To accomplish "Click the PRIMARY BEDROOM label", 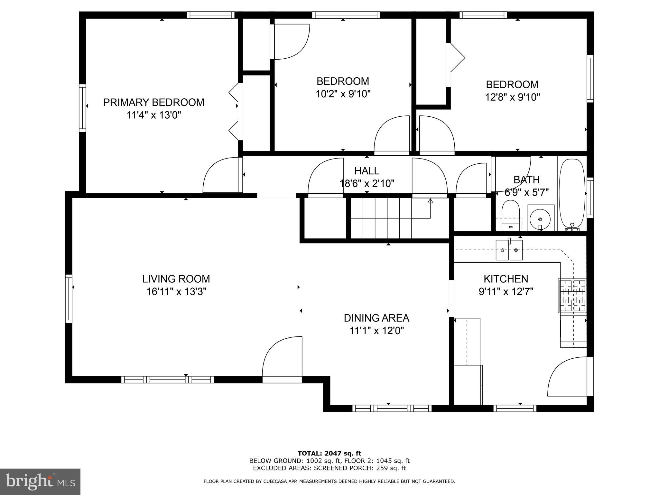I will point(153,102).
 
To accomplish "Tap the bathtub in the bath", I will point(572,193).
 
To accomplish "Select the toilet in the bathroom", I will point(511,214).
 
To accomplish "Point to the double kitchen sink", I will point(509,250).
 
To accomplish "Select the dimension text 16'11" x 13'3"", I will point(176,292).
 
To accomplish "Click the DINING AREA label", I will point(376,318).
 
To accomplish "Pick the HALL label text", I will point(367,170).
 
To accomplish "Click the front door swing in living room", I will point(283,358).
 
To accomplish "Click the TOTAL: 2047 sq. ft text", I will point(329,453).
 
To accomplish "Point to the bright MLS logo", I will point(40,481).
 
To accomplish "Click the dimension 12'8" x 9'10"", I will point(512,97).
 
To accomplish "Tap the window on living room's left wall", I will point(69,298).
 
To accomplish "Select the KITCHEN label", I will point(506,279).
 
